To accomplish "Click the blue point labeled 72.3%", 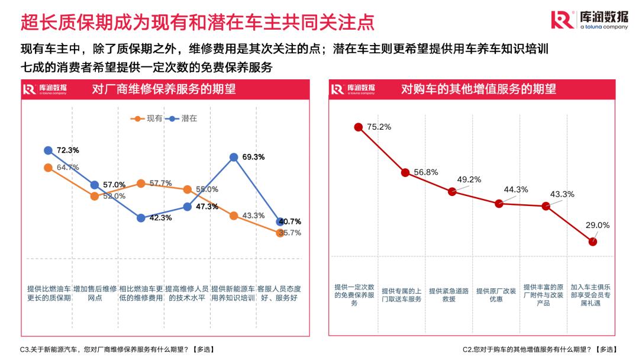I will pyautogui.click(x=48, y=150).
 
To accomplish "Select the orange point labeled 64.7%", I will pyautogui.click(x=48, y=168).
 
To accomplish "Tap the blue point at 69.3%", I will pyautogui.click(x=234, y=157).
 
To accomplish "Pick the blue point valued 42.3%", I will pyautogui.click(x=141, y=218).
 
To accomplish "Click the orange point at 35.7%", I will pyautogui.click(x=280, y=233).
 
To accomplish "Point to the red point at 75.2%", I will pyautogui.click(x=358, y=127).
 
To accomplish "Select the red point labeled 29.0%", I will pyautogui.click(x=593, y=241).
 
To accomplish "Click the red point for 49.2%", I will pyautogui.click(x=452, y=191).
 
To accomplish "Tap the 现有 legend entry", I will pyautogui.click(x=148, y=118).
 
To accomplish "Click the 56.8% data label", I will pyautogui.click(x=426, y=172).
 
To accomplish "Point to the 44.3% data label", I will pyautogui.click(x=515, y=189).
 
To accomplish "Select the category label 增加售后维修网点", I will pyautogui.click(x=95, y=293).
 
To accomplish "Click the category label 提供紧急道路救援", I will pyautogui.click(x=449, y=295).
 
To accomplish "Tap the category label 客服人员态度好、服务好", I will pyautogui.click(x=279, y=293).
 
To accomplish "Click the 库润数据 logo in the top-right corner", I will pyautogui.click(x=589, y=20).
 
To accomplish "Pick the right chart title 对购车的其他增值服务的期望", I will pyautogui.click(x=479, y=89).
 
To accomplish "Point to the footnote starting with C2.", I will pyautogui.click(x=538, y=349).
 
